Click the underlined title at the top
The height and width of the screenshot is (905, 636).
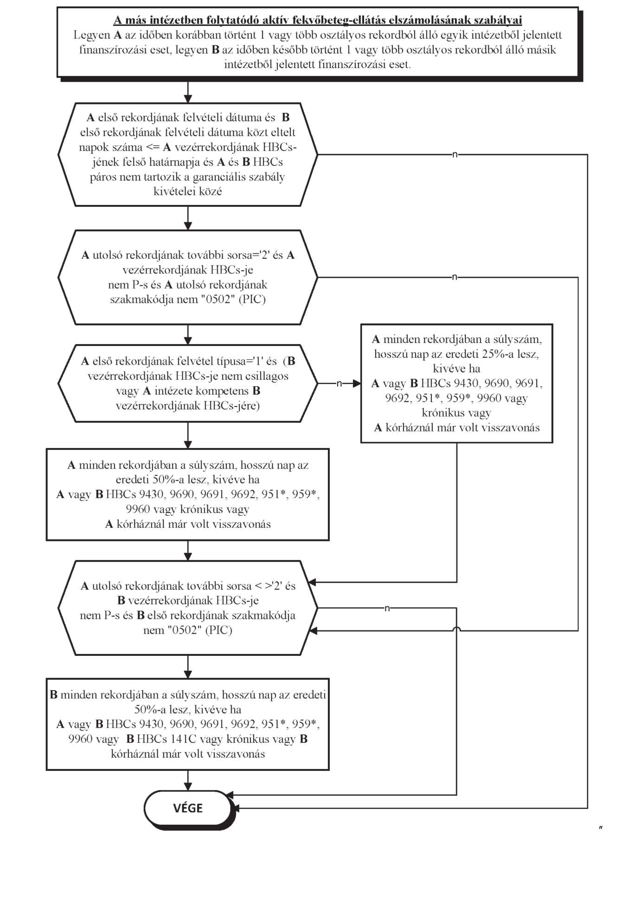pos(318,20)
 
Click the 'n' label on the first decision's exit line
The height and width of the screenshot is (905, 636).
pos(455,154)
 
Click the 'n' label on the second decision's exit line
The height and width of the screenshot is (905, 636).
pos(455,277)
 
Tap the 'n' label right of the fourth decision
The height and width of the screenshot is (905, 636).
pos(387,608)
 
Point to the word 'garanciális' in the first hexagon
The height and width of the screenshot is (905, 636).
pos(222,177)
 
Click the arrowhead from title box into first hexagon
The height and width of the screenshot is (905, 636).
pos(188,98)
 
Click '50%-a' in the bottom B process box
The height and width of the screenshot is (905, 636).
pos(150,709)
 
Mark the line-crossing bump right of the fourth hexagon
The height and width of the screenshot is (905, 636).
pos(457,629)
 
